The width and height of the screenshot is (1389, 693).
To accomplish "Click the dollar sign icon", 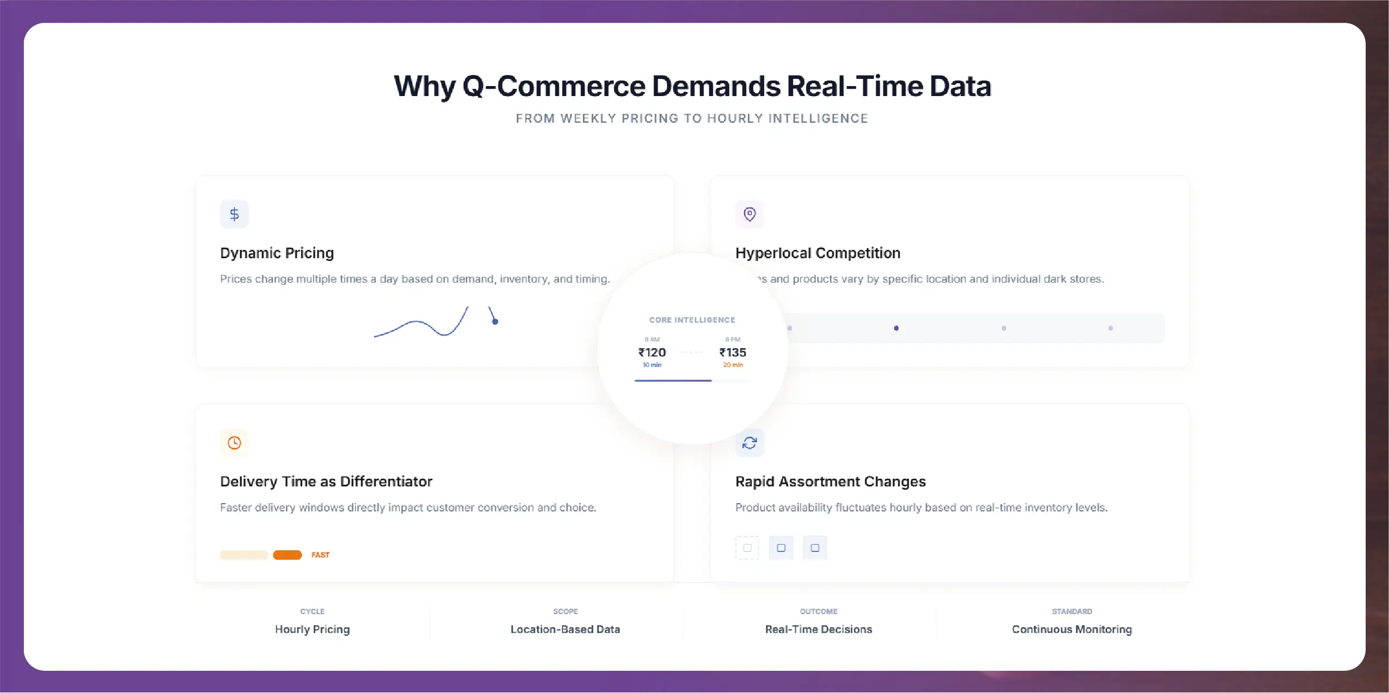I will click(234, 214).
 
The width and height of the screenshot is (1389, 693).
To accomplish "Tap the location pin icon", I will click(749, 214).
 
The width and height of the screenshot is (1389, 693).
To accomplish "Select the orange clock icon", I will click(234, 443).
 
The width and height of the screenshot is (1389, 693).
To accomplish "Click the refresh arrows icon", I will click(749, 443).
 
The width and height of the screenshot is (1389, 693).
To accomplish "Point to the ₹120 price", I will click(652, 353).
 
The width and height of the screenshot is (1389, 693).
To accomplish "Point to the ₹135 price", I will click(733, 353).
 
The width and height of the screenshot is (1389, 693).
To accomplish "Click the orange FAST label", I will click(320, 555).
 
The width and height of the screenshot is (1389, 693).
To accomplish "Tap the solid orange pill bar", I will click(287, 555).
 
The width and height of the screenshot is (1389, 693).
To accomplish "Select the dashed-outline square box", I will click(747, 548).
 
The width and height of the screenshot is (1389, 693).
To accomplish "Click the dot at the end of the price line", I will click(495, 322).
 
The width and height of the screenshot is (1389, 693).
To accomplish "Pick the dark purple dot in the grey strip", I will click(896, 328).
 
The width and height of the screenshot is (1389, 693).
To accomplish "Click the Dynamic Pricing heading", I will click(277, 253).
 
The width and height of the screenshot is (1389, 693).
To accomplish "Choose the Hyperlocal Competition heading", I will click(818, 253).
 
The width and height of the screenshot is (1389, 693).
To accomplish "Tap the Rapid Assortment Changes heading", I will click(830, 481).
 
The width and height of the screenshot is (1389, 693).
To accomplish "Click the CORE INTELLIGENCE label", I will click(692, 320).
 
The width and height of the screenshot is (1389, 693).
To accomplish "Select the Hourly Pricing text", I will click(312, 629).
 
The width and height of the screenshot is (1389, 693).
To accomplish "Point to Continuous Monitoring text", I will click(1071, 629).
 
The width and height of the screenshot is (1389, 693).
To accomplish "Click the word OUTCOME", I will click(819, 611).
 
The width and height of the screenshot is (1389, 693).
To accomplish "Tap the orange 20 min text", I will click(733, 365).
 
